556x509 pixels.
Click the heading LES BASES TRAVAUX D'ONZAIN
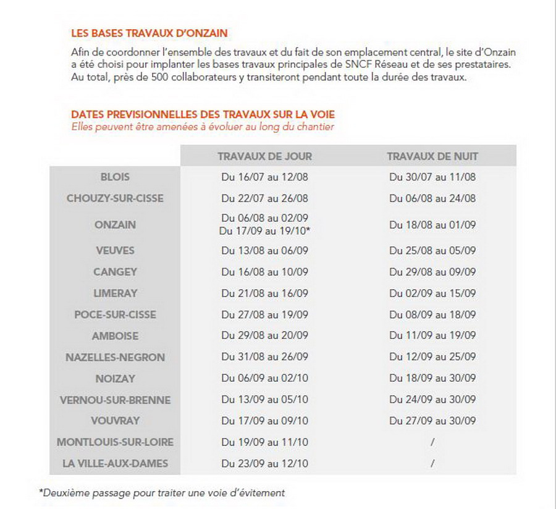point(148,33)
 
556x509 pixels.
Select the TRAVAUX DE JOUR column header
point(264,156)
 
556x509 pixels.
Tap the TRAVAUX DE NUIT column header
point(432,156)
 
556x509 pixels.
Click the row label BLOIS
point(115,177)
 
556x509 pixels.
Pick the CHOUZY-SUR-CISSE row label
point(115,198)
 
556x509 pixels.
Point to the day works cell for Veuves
point(264,251)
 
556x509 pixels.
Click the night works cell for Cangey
point(432,272)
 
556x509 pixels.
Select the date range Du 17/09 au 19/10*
point(264,230)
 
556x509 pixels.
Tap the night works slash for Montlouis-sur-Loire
point(432,442)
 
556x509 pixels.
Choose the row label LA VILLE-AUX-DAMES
point(115,463)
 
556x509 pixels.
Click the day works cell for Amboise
point(264,336)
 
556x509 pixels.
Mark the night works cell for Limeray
point(432,293)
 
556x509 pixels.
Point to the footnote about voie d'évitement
point(162,492)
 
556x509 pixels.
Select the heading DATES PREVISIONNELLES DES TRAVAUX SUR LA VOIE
point(203,115)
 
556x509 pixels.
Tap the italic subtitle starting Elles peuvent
point(203,127)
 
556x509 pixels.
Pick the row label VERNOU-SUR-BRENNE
point(115,400)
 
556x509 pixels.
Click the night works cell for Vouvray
point(432,421)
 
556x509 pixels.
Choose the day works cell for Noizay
point(264,379)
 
